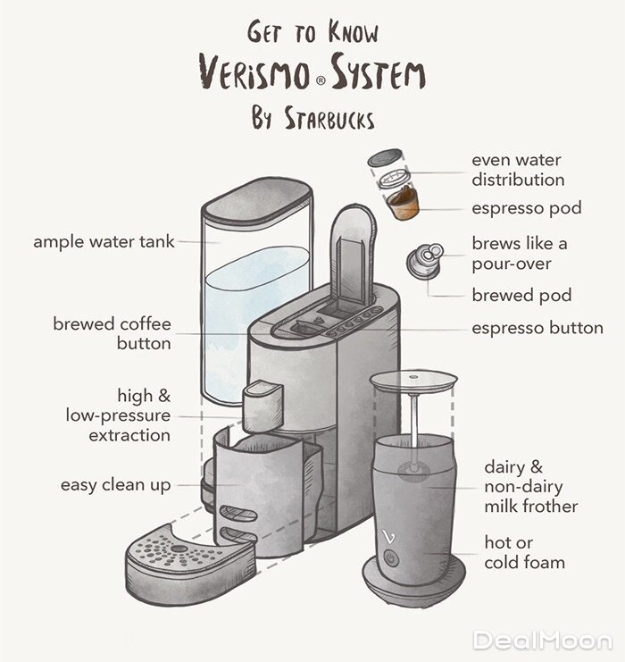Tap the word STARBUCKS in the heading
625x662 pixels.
point(329,118)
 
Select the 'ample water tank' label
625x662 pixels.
point(104,242)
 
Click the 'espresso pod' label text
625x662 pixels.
point(527,208)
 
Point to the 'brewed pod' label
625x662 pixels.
point(521,295)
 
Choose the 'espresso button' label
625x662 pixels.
point(537,328)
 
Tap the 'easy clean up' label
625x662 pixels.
point(116,485)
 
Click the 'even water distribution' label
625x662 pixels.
point(518,170)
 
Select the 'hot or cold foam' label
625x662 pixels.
point(525,552)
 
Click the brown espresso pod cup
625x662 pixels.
point(404,204)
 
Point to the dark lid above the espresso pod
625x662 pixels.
point(385,157)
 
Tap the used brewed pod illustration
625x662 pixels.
point(425,261)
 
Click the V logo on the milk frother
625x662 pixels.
point(390,536)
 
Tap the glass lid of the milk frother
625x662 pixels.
point(413,380)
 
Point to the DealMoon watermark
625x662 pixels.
point(543,641)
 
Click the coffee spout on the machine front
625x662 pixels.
point(262,406)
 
